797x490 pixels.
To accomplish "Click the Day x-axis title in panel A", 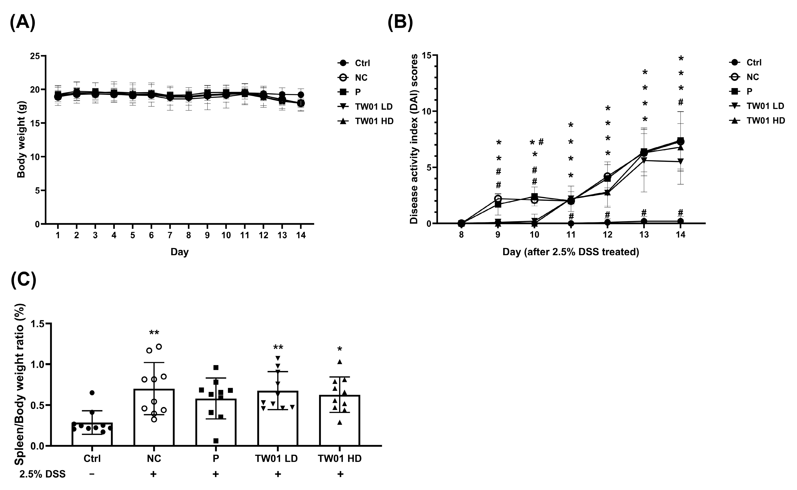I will [x=180, y=252].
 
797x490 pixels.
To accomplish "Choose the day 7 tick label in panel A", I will [x=170, y=236].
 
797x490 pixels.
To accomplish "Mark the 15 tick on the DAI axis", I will [x=427, y=55].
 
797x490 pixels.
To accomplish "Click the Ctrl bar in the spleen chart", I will [x=92, y=434].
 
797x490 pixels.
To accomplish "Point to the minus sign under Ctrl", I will [x=92, y=474].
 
